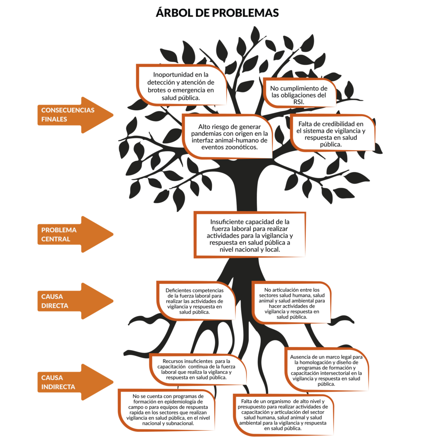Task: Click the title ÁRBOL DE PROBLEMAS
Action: tap(217, 13)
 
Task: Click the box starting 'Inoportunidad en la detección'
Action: tap(182, 85)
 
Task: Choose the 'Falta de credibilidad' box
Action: tap(331, 134)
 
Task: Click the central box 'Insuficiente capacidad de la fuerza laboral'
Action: tap(250, 236)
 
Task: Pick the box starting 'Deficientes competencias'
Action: tap(195, 301)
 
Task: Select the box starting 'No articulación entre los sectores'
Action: tap(291, 304)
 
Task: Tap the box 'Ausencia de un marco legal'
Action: tap(326, 370)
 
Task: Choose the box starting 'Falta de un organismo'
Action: tap(283, 414)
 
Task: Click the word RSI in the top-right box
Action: tap(299, 101)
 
